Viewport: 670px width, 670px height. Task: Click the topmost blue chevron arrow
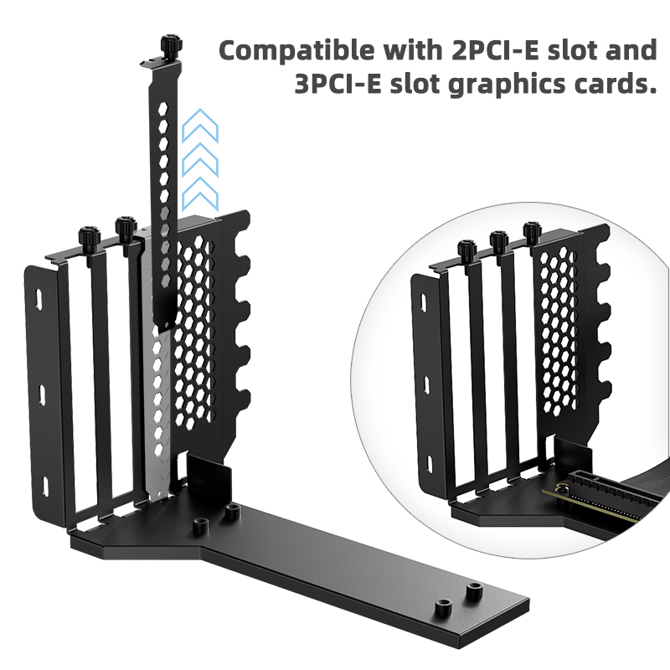pyautogui.click(x=200, y=127)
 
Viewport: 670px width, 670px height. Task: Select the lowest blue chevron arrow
pyautogui.click(x=200, y=193)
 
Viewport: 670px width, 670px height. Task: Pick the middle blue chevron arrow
pyautogui.click(x=200, y=160)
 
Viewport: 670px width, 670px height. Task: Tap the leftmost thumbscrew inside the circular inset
pyautogui.click(x=467, y=250)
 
